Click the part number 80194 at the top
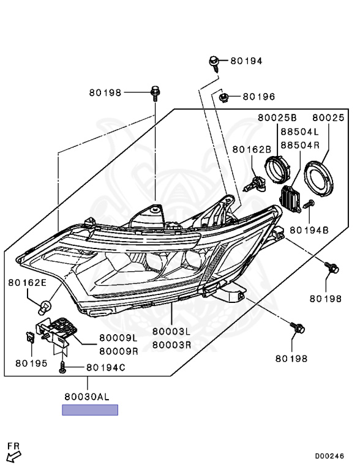click(x=246, y=61)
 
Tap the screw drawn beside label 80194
click(x=215, y=62)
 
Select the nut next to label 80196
click(x=224, y=96)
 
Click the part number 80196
click(x=258, y=97)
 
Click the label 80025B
click(x=277, y=117)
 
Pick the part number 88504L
click(x=300, y=132)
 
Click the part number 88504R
click(x=300, y=145)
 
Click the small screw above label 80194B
click(x=310, y=204)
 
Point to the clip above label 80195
click(x=29, y=336)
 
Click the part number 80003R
click(x=171, y=345)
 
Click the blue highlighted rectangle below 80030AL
click(x=89, y=410)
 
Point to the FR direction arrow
click(x=13, y=453)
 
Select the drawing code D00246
click(x=330, y=456)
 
